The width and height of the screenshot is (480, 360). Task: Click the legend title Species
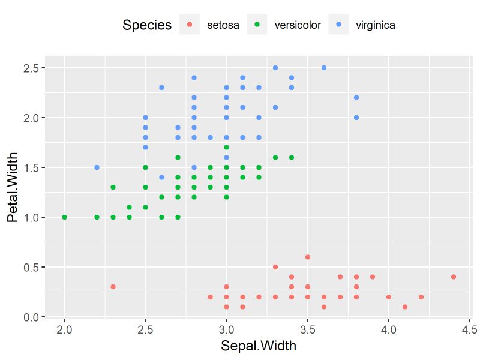tap(147, 25)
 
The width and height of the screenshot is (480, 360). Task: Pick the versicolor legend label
tap(297, 25)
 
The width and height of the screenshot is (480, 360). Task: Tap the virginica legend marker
tap(339, 25)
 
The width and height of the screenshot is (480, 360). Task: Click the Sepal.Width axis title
tap(258, 346)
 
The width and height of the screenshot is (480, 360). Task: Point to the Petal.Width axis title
tap(13, 187)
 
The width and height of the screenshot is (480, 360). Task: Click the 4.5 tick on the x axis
tap(469, 329)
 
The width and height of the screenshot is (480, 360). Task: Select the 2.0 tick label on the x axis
tap(65, 329)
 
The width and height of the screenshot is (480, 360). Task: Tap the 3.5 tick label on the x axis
tap(307, 329)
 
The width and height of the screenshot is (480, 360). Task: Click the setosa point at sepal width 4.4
tap(453, 277)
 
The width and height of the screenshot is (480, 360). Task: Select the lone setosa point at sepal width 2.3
tap(113, 287)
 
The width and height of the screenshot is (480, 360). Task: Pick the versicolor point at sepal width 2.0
tap(65, 217)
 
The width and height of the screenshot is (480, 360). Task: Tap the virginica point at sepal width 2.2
tap(97, 167)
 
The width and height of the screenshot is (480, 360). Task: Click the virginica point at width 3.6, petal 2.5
tap(324, 68)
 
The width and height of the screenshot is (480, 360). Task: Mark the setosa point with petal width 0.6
tap(308, 257)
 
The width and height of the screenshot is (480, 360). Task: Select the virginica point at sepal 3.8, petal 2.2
tap(356, 98)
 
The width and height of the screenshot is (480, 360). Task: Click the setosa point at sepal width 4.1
tap(405, 307)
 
